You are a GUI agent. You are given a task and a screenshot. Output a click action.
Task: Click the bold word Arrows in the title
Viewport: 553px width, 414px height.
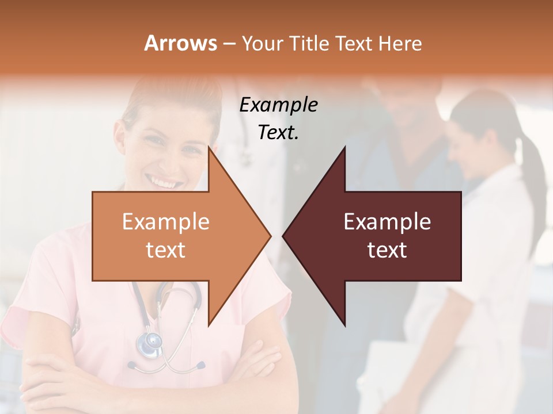tap(180, 43)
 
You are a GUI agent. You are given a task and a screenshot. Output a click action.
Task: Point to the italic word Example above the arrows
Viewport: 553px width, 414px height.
tap(278, 105)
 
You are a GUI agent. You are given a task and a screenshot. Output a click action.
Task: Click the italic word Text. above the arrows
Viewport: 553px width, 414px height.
tap(278, 133)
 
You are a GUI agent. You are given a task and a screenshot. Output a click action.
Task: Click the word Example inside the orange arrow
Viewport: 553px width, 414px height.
tap(165, 222)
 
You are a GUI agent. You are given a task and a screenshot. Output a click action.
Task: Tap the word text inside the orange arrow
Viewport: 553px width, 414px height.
tap(165, 250)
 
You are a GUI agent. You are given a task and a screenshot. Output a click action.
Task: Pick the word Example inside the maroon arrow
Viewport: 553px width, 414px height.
tap(387, 222)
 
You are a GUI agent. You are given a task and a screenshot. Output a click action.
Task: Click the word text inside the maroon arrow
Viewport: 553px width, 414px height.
tap(387, 250)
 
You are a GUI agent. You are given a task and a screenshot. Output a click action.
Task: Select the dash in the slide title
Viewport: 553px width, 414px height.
tap(229, 44)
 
